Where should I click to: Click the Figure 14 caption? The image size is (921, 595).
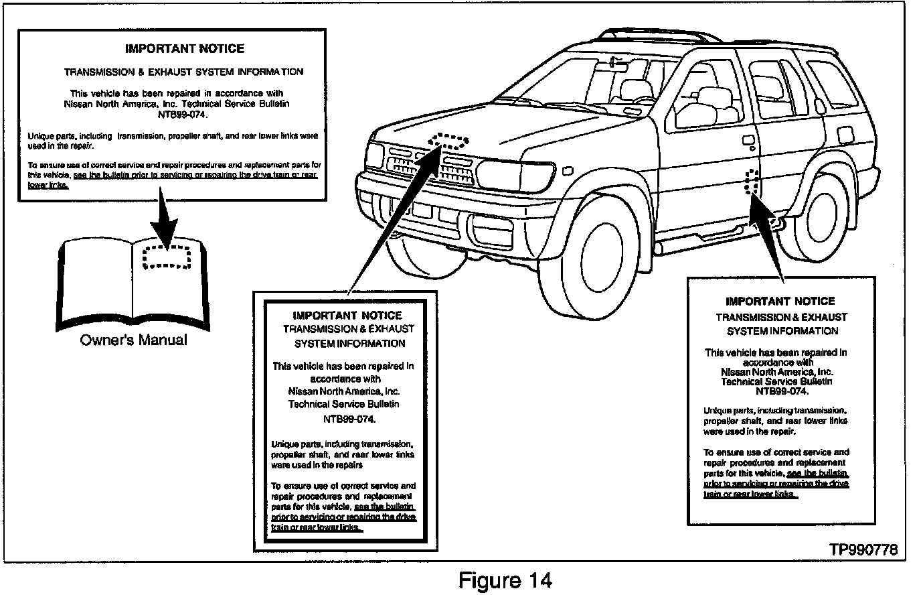pyautogui.click(x=505, y=580)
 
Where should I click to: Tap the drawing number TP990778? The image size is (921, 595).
pyautogui.click(x=863, y=549)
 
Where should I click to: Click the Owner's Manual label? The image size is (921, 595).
pyautogui.click(x=134, y=340)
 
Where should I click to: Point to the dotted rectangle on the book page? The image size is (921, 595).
pyautogui.click(x=167, y=255)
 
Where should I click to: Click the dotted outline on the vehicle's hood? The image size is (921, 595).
pyautogui.click(x=448, y=141)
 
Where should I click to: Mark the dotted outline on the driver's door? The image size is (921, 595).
pyautogui.click(x=752, y=182)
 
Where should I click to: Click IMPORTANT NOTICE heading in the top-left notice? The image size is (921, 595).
pyautogui.click(x=185, y=49)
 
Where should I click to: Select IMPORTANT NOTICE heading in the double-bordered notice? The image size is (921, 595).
pyautogui.click(x=347, y=315)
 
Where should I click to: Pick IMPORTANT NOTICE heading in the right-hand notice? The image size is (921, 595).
pyautogui.click(x=780, y=302)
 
